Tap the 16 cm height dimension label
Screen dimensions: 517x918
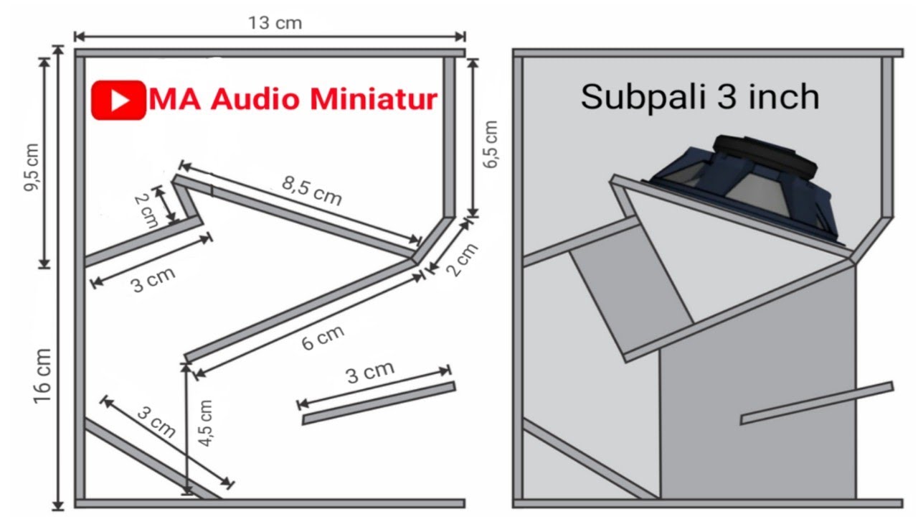(x=42, y=375)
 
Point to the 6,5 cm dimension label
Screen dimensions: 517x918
(x=491, y=144)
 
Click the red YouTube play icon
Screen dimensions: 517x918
(x=118, y=100)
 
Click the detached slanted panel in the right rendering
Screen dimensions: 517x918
(x=816, y=403)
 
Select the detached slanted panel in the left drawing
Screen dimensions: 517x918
(x=378, y=404)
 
